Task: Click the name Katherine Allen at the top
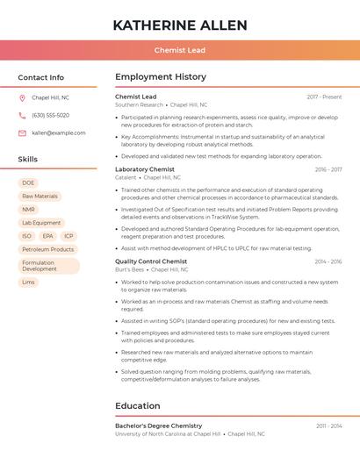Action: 180,25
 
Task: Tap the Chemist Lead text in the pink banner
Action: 180,50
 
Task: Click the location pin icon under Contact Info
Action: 22,98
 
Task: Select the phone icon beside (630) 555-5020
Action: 22,116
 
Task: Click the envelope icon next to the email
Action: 22,133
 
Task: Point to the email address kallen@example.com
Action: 59,133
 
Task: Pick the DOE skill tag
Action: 28,183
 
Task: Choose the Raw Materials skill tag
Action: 40,197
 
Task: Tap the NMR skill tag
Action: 29,210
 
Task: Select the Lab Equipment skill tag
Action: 41,223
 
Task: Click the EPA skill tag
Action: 47,236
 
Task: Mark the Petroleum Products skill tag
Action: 47,249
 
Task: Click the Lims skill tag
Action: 29,283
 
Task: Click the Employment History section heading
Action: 161,77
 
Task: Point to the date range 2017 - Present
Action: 324,97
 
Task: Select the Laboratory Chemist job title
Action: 145,169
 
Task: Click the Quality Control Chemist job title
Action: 151,261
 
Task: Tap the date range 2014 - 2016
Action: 328,261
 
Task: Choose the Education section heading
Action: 138,406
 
